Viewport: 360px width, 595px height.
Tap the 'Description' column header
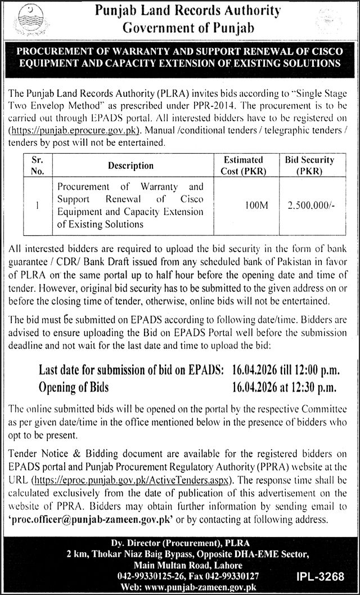pyautogui.click(x=131, y=165)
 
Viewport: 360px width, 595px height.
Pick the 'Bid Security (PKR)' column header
pyautogui.click(x=309, y=165)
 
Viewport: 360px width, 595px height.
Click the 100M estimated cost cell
pyautogui.click(x=257, y=206)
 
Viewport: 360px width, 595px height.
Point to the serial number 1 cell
pyautogui.click(x=35, y=206)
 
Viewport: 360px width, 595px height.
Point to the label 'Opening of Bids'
pyautogui.click(x=73, y=387)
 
